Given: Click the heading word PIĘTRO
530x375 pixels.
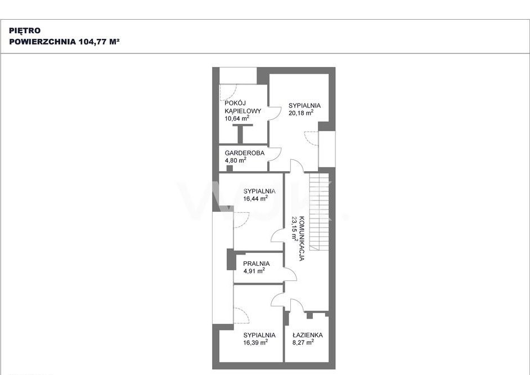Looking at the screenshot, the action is point(25,30).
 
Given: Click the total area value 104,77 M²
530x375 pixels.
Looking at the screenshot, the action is point(99,42).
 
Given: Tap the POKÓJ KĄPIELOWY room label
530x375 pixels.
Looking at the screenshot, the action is point(242,107).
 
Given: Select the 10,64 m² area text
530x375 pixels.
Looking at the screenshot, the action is point(237,118).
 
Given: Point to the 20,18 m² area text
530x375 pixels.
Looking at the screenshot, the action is point(301,113).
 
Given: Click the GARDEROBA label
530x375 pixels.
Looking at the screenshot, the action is point(245,153).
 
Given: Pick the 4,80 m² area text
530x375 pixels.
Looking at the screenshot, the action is point(236,160).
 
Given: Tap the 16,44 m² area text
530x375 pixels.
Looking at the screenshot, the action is point(255,198).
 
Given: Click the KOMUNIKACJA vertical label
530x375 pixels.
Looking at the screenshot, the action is point(302,238).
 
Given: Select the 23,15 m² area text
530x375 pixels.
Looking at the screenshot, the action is point(295,228).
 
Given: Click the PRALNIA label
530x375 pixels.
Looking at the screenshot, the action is point(257,264).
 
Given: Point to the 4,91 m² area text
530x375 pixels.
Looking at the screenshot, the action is point(254,270).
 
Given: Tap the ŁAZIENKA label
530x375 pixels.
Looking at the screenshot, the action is point(308,335).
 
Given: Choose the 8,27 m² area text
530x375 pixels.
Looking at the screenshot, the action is point(303,342).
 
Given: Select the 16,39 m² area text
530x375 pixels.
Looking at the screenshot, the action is point(255,342).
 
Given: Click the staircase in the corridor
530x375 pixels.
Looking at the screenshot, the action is point(319,212).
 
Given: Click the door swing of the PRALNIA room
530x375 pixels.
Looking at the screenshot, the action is point(290,274).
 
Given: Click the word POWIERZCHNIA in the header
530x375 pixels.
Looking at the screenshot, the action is point(43,42).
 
